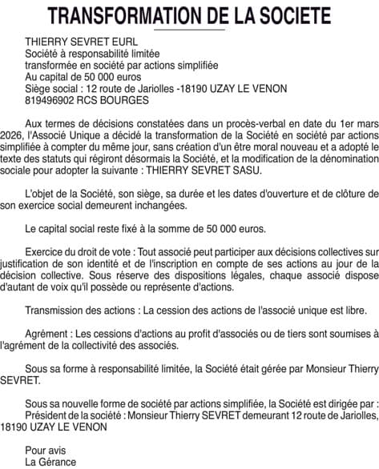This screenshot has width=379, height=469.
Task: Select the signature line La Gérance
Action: pyautogui.click(x=50, y=463)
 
